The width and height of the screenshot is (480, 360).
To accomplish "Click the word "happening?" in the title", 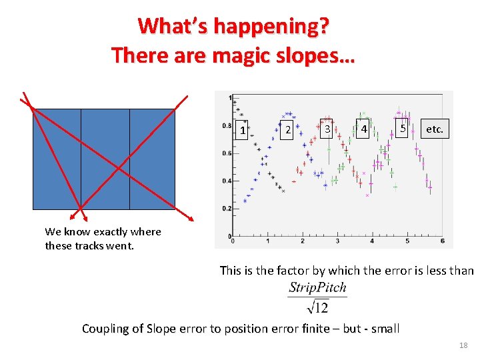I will pos(280,27).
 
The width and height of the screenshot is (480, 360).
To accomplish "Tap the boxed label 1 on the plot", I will pos(243,131).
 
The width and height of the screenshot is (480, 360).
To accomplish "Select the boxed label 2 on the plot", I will pos(287,129).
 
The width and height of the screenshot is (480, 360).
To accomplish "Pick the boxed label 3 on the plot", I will pos(327,129).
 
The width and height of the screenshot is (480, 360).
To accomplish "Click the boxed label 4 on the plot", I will pos(364,128).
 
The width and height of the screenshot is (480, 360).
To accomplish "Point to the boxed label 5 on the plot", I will pos(402,127).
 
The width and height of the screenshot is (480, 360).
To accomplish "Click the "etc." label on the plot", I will pos(434,129).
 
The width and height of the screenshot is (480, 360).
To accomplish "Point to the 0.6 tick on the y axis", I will pos(227,153).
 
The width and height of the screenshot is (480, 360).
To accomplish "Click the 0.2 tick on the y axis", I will pos(227,209).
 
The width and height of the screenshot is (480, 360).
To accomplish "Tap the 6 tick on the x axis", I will pos(442,241).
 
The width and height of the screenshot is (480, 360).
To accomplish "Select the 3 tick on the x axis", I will pos(337,241).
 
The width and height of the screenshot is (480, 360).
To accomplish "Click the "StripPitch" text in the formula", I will pos(317,288).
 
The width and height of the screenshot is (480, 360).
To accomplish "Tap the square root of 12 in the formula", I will pos(317,307).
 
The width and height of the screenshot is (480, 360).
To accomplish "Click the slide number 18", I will pos(464,345).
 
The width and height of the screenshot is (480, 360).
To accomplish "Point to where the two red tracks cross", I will pos(119,168).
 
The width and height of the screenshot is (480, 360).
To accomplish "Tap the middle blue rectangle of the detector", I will pos(105,159).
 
